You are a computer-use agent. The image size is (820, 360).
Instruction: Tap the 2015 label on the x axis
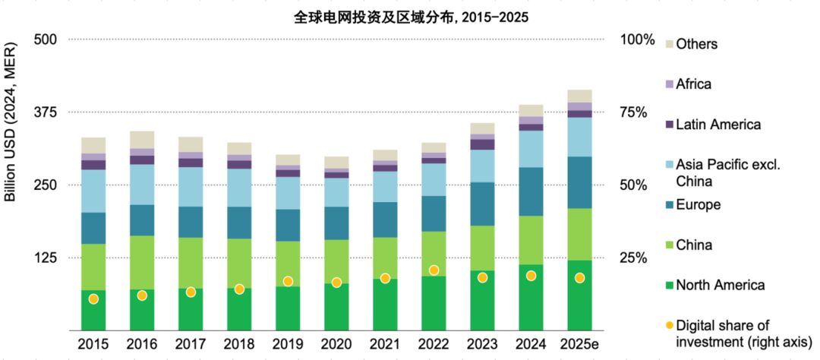point(93,343)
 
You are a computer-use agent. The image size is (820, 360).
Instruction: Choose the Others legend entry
point(696,44)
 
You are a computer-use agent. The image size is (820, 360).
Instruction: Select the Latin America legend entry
point(717,125)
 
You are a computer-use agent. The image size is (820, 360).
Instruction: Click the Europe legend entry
point(698,205)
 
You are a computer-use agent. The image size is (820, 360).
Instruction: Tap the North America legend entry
point(720,286)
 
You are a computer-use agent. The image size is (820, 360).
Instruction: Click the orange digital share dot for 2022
point(434,270)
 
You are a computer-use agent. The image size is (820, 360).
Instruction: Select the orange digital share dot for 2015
point(93,299)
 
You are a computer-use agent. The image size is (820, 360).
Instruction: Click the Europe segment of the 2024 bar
point(531,191)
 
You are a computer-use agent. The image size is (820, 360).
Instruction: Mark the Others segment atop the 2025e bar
point(579,96)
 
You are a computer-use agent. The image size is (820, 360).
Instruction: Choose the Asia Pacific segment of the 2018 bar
point(239,187)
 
